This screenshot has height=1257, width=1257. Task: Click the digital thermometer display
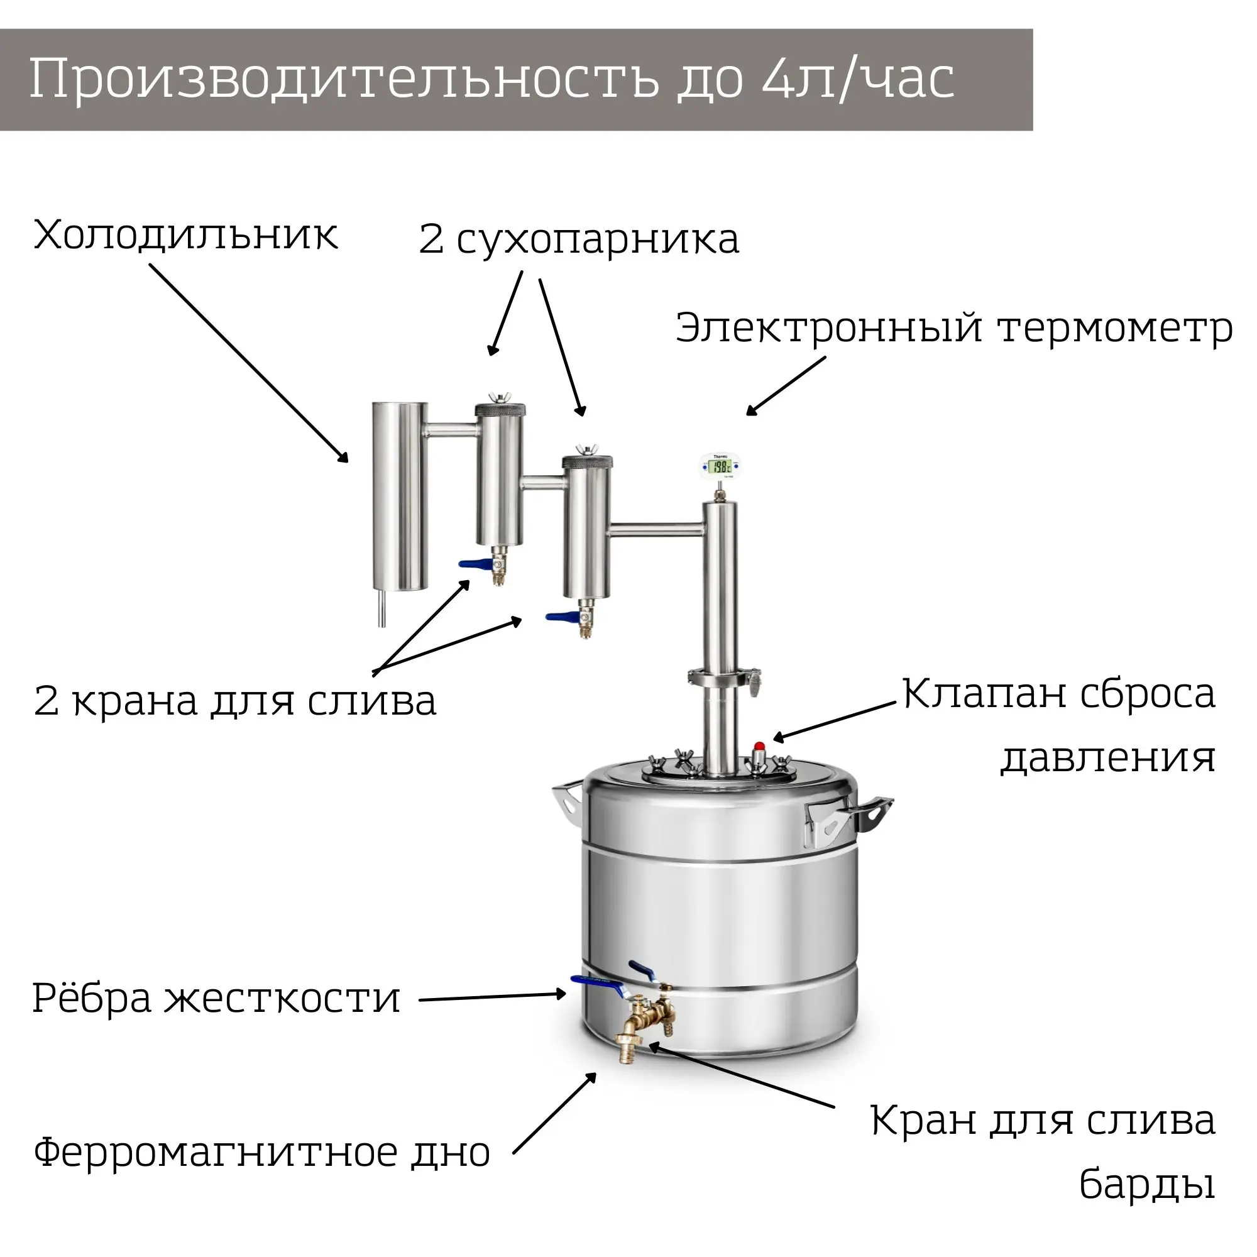click(720, 466)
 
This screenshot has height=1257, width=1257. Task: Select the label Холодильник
click(185, 235)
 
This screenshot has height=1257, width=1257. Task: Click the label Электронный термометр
click(953, 329)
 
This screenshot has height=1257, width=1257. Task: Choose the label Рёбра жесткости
click(216, 999)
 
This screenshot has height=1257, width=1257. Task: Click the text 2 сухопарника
click(578, 239)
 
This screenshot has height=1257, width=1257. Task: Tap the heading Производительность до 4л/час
click(492, 79)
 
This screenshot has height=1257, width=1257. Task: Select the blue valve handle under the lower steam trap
click(561, 616)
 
